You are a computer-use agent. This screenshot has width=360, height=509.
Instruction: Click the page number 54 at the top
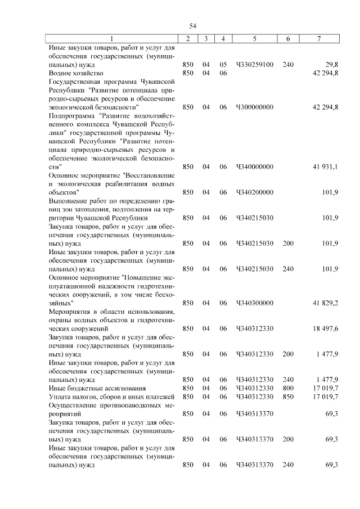192,26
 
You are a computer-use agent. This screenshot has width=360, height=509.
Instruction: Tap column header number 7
319,39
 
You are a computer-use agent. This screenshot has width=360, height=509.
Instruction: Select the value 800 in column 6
288,388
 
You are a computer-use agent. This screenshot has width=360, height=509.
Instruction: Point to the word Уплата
61,397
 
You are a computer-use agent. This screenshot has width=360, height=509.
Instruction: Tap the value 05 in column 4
223,65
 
